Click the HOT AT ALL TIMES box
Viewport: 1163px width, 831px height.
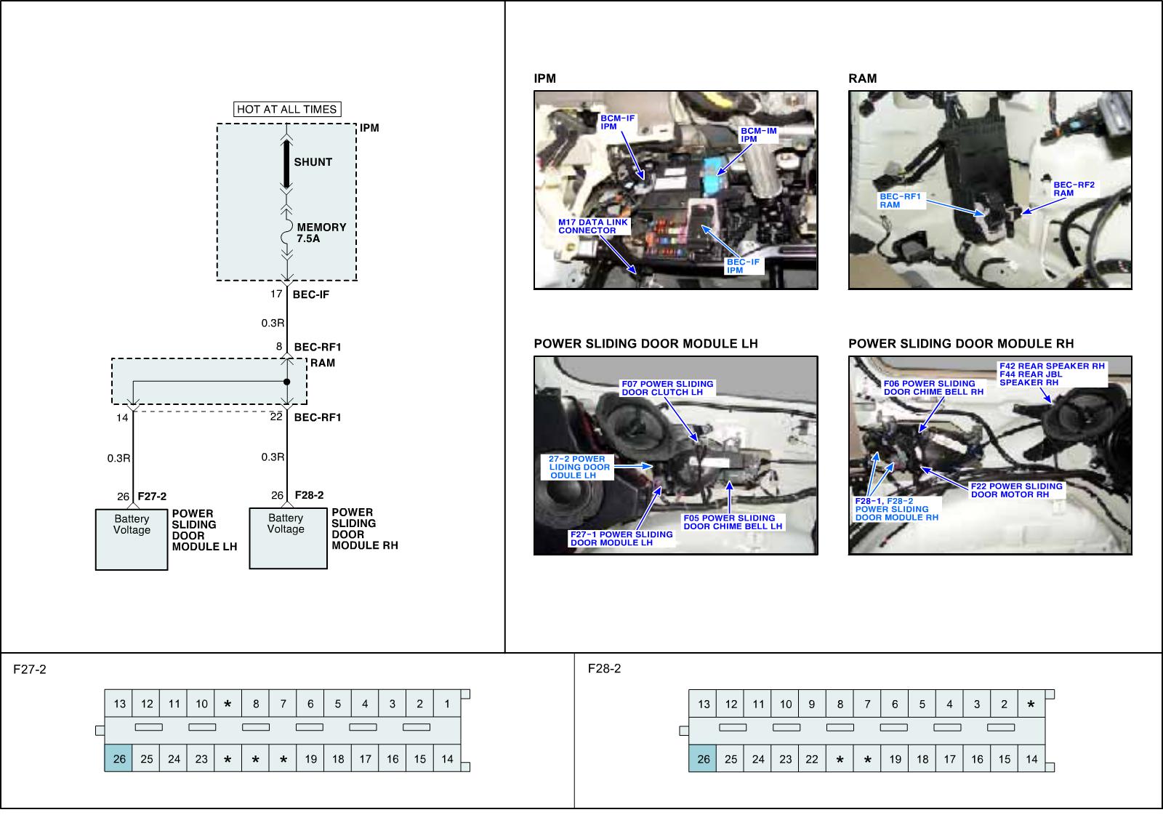287,109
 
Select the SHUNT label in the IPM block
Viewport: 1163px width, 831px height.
313,162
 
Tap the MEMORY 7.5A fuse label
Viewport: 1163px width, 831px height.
321,233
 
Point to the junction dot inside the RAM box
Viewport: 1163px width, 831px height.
286,382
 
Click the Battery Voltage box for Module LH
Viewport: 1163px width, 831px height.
132,539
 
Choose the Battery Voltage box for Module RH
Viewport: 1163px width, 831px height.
288,538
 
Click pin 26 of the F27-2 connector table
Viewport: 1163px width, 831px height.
119,759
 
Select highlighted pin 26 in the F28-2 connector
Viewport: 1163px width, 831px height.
704,759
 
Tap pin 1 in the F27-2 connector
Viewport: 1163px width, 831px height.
447,704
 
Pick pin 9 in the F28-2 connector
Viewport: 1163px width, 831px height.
812,704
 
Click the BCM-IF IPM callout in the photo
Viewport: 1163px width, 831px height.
617,122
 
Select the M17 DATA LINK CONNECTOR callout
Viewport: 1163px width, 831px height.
592,226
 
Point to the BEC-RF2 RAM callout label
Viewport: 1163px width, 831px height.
1074,189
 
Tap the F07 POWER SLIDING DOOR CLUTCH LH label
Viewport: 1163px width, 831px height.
667,388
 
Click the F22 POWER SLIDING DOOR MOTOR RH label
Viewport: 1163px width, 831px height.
1016,490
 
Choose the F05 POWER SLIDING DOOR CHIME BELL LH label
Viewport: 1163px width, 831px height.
733,522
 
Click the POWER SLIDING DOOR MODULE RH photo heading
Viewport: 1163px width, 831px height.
961,343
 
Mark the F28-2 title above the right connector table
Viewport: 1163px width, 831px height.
604,669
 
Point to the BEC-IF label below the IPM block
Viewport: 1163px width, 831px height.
310,294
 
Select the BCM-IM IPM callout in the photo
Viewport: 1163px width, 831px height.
758,135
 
